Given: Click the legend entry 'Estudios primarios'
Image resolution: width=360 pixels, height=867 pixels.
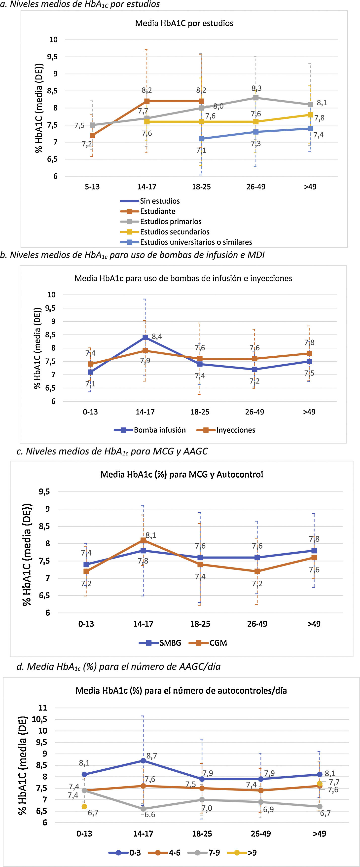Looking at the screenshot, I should pos(171,222).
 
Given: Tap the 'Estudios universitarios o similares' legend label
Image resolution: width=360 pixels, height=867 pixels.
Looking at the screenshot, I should pos(196,242).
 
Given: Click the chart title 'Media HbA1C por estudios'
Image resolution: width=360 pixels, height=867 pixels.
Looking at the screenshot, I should pos(184,23).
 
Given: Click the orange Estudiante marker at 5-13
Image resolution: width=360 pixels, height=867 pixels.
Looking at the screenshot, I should pos(92,135).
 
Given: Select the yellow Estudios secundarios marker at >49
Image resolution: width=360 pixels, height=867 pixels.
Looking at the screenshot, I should pos(310,115).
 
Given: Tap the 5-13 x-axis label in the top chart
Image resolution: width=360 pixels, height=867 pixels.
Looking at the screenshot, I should pos(92,187).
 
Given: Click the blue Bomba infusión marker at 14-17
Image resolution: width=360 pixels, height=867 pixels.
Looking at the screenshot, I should pos(145,337).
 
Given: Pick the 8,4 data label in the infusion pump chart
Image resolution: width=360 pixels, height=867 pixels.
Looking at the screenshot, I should pos(157,337).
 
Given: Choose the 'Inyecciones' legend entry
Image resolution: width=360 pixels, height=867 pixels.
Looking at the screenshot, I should pos(236,430).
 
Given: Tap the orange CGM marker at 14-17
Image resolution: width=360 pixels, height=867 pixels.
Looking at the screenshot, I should pos(143,540).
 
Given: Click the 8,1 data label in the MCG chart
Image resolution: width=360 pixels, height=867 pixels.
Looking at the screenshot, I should pos(151,535).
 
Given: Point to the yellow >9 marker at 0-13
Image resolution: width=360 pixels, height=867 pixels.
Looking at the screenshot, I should pos(84,806).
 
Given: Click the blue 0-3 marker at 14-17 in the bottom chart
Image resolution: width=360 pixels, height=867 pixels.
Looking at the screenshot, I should pos(143,761).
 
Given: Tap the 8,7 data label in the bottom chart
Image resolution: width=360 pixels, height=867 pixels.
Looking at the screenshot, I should pos(151,756).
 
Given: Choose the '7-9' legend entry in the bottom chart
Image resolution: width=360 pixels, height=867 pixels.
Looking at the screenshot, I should pos(214,853).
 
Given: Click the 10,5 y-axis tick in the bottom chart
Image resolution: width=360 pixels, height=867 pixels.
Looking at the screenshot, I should pos(40,719).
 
